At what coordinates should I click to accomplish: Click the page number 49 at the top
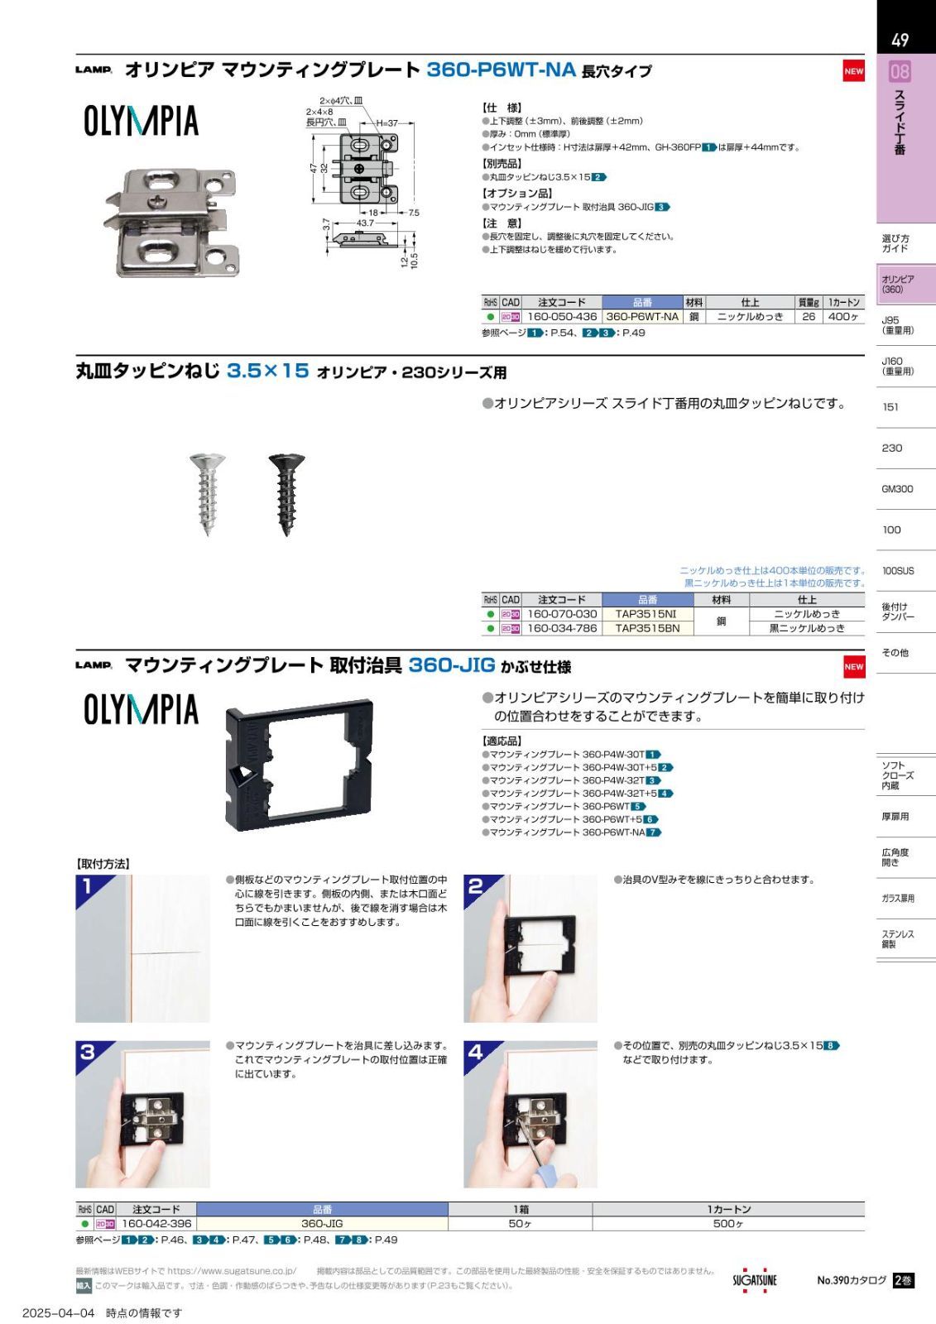pyautogui.click(x=900, y=41)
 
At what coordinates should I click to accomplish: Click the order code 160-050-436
pyautogui.click(x=562, y=317)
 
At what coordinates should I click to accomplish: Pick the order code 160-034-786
pyautogui.click(x=562, y=628)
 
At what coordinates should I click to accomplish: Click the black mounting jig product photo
pyautogui.click(x=299, y=765)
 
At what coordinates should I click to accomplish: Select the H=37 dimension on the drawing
pyautogui.click(x=387, y=123)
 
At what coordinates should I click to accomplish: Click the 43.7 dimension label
pyautogui.click(x=365, y=223)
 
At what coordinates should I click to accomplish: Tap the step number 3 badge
pyautogui.click(x=88, y=1053)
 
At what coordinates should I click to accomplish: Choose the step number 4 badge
pyautogui.click(x=475, y=1053)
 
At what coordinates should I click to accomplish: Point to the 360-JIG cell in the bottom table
pyautogui.click(x=322, y=1224)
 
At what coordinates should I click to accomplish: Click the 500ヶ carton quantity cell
pyautogui.click(x=728, y=1224)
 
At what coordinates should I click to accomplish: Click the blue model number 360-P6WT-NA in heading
pyautogui.click(x=501, y=70)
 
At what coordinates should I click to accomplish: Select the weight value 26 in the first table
pyautogui.click(x=809, y=317)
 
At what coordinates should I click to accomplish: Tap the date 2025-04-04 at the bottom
pyautogui.click(x=59, y=1312)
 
